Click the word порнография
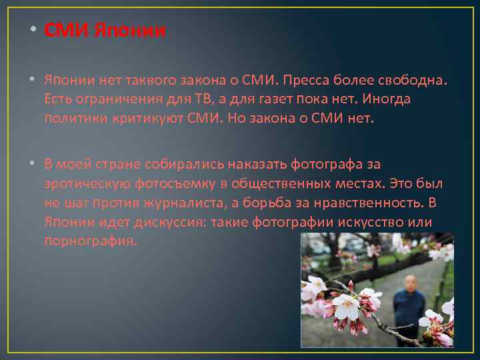(x=90, y=241)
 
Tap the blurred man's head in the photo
(x=410, y=283)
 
